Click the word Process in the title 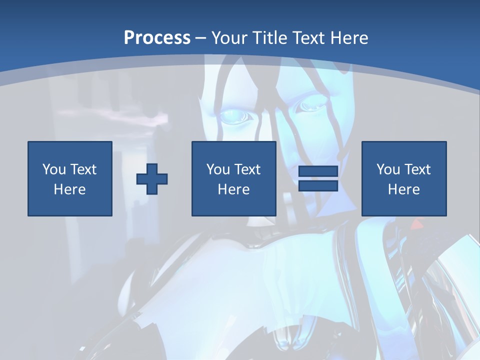click(157, 38)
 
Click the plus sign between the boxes click(152, 179)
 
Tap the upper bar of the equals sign click(318, 171)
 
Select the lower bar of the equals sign click(318, 185)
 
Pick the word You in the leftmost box click(54, 169)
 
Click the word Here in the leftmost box click(70, 189)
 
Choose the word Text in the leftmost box click(82, 169)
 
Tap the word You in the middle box click(218, 169)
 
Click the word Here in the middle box click(234, 189)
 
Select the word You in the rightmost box click(388, 169)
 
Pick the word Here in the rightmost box click(404, 189)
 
